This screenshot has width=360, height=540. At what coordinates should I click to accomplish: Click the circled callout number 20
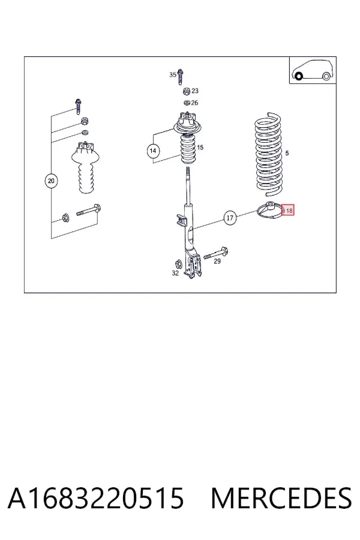coord(51,181)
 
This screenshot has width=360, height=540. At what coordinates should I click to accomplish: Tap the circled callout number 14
coord(153,151)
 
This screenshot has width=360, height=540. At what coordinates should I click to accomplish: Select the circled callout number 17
coord(230,218)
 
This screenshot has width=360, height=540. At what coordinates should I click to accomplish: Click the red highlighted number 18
coord(288,210)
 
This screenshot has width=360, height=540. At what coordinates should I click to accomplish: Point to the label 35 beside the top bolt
coord(173,75)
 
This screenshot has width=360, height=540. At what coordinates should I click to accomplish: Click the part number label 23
coord(195,91)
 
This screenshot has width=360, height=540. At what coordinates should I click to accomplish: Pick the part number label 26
coord(194,103)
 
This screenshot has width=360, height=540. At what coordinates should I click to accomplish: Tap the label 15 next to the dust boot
coord(200,148)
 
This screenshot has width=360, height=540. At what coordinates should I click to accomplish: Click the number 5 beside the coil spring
coord(287,153)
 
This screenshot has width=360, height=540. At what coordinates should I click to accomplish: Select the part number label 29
coord(217,262)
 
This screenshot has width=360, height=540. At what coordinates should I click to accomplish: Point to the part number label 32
coord(175,273)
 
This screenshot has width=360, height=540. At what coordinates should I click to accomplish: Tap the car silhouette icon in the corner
coord(313,70)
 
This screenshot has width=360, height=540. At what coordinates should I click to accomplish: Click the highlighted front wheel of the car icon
coord(299,76)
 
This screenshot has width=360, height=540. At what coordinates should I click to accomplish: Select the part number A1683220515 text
coord(96,498)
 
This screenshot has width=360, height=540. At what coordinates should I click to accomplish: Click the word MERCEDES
coord(281,498)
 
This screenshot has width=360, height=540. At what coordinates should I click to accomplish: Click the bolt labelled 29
coord(216,253)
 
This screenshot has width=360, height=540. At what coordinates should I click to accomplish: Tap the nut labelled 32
coord(178,263)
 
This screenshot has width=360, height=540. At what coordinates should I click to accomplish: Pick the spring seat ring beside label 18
coord(271,210)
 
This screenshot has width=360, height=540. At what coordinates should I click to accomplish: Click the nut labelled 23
coord(186,91)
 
